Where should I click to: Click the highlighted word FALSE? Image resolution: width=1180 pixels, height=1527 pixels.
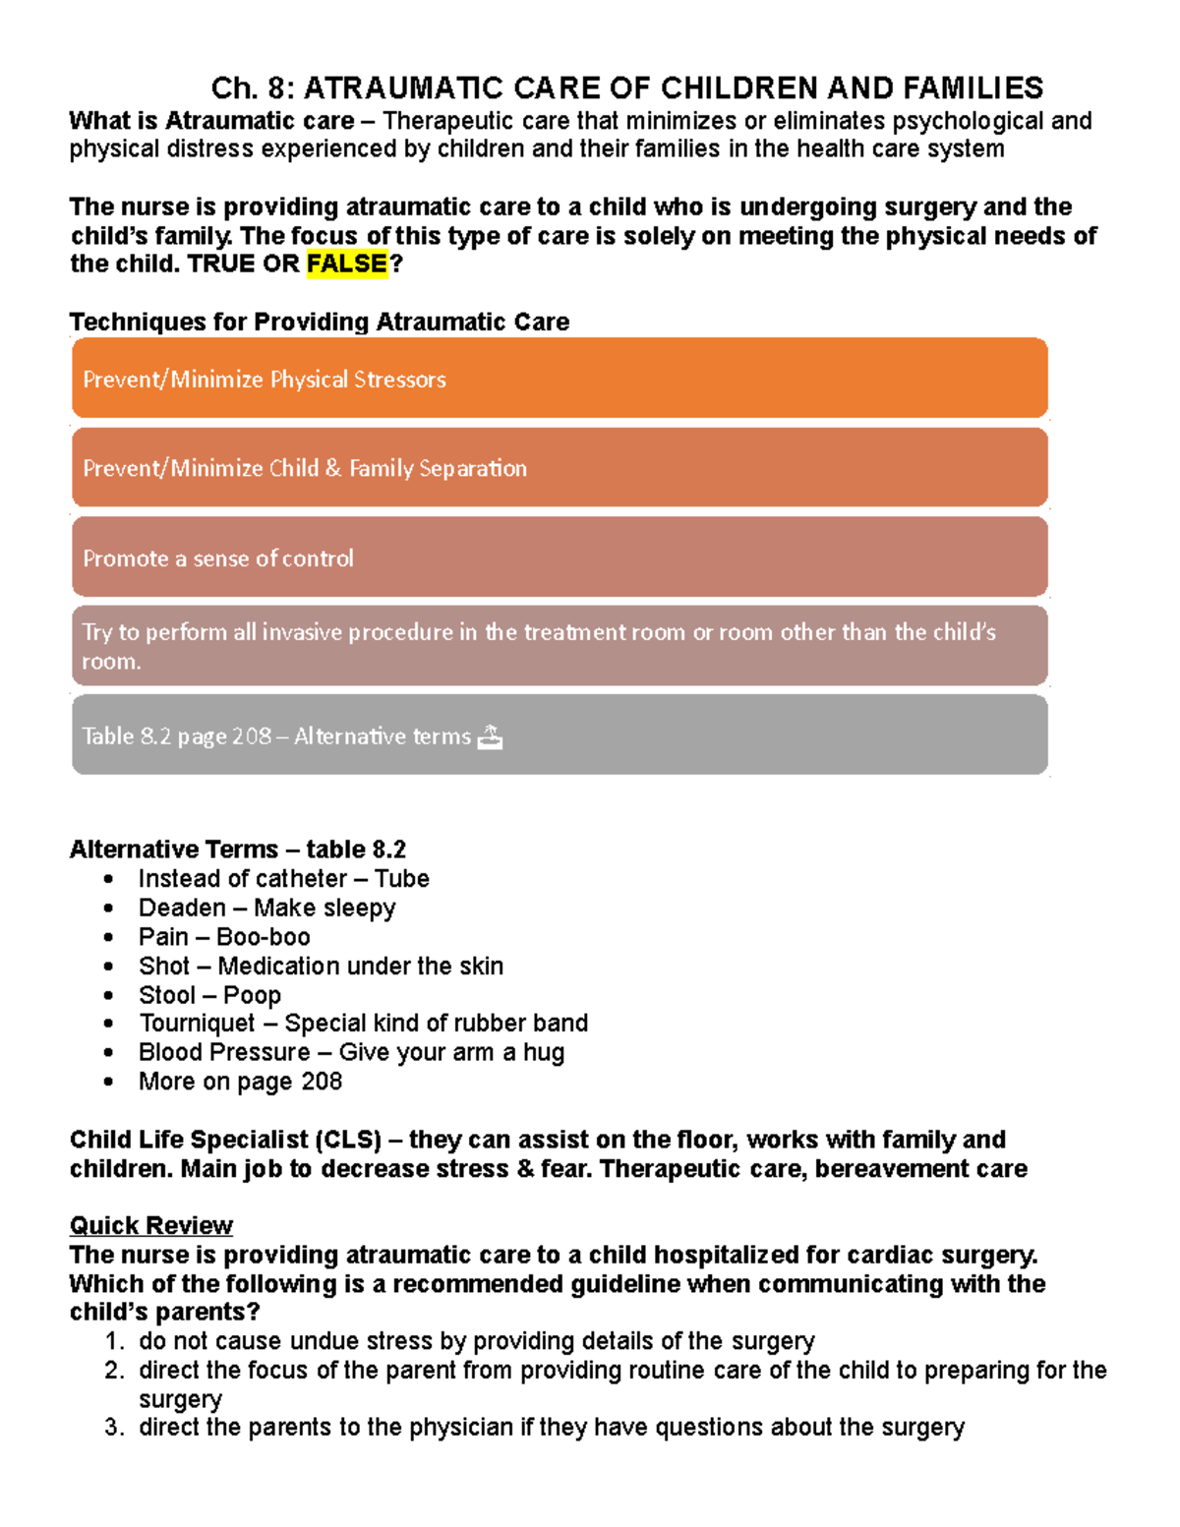(347, 264)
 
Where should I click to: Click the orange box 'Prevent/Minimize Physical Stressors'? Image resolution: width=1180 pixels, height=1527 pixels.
(559, 379)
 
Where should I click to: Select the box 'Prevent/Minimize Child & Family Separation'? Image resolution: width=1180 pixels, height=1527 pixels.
(559, 468)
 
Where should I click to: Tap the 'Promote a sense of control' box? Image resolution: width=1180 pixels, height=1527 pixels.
(559, 558)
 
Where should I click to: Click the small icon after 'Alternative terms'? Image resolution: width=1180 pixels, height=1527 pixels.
(490, 736)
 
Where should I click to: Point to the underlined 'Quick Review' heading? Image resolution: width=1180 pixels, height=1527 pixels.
(150, 1225)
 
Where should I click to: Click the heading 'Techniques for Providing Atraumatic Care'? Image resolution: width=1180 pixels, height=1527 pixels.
(320, 322)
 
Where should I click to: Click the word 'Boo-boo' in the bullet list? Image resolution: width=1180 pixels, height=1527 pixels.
(264, 937)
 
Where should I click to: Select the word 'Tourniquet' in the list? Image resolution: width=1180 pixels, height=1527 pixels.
(197, 1024)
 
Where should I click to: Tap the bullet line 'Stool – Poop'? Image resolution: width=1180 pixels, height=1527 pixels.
(209, 995)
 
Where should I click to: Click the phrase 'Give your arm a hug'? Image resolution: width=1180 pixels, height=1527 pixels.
(451, 1052)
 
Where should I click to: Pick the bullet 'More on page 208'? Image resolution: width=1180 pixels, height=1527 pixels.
(240, 1082)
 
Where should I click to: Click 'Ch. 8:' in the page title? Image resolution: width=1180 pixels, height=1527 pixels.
(252, 88)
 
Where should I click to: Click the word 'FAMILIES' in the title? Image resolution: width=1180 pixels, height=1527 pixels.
(973, 88)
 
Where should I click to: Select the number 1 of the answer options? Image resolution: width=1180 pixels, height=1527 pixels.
(114, 1342)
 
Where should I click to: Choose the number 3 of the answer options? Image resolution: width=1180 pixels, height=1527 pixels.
(114, 1428)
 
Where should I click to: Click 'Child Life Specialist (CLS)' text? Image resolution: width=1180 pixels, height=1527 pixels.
(225, 1140)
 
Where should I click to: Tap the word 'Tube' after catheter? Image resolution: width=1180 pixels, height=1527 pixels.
(402, 879)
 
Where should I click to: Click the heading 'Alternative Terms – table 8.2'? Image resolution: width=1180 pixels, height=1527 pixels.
(237, 850)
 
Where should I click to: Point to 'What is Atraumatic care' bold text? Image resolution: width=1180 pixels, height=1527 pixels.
(211, 121)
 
